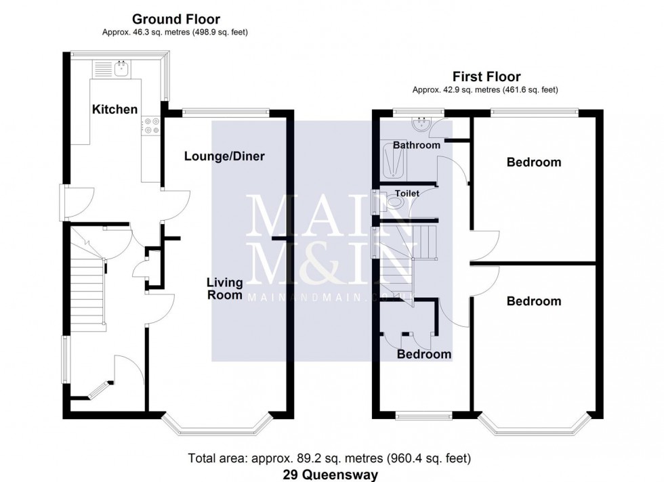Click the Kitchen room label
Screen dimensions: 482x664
click(x=115, y=109)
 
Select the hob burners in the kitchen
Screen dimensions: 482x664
click(x=150, y=126)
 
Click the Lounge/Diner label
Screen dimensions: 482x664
click(x=224, y=156)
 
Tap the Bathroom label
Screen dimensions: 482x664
click(x=417, y=145)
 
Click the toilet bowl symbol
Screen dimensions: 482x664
click(x=396, y=201)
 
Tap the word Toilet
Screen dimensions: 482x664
click(x=408, y=193)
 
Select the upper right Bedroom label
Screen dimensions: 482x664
click(x=534, y=162)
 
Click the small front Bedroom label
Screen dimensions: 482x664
click(x=423, y=354)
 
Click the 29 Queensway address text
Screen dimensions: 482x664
click(x=330, y=475)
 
